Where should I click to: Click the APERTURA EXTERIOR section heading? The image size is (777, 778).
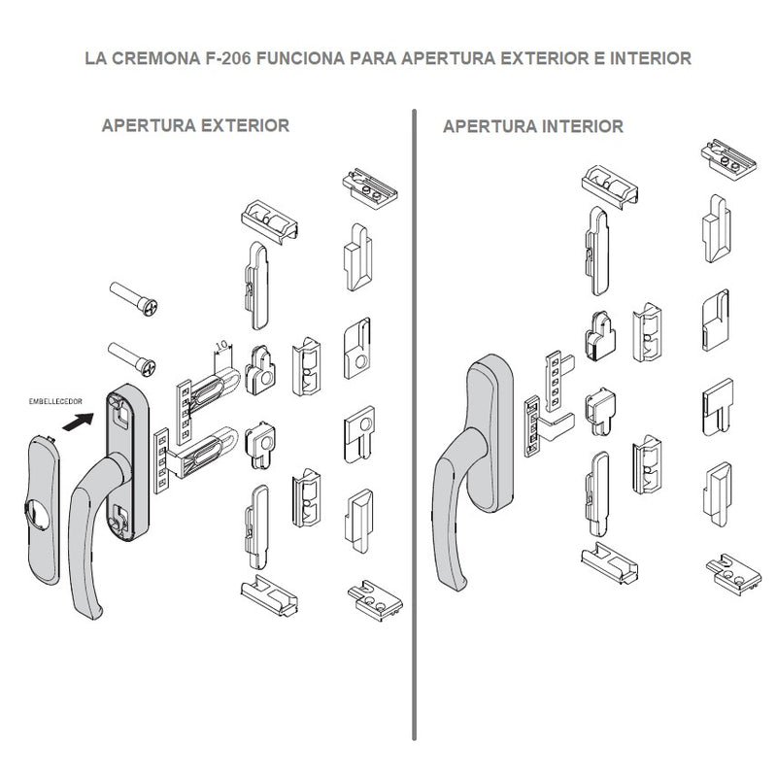[x=195, y=126]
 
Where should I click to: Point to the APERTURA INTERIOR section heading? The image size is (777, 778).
[x=532, y=126]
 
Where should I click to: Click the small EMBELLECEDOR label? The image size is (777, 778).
[x=52, y=400]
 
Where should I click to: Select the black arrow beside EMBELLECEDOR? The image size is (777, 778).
[x=78, y=422]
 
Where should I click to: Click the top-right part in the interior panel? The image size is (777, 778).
[x=727, y=155]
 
